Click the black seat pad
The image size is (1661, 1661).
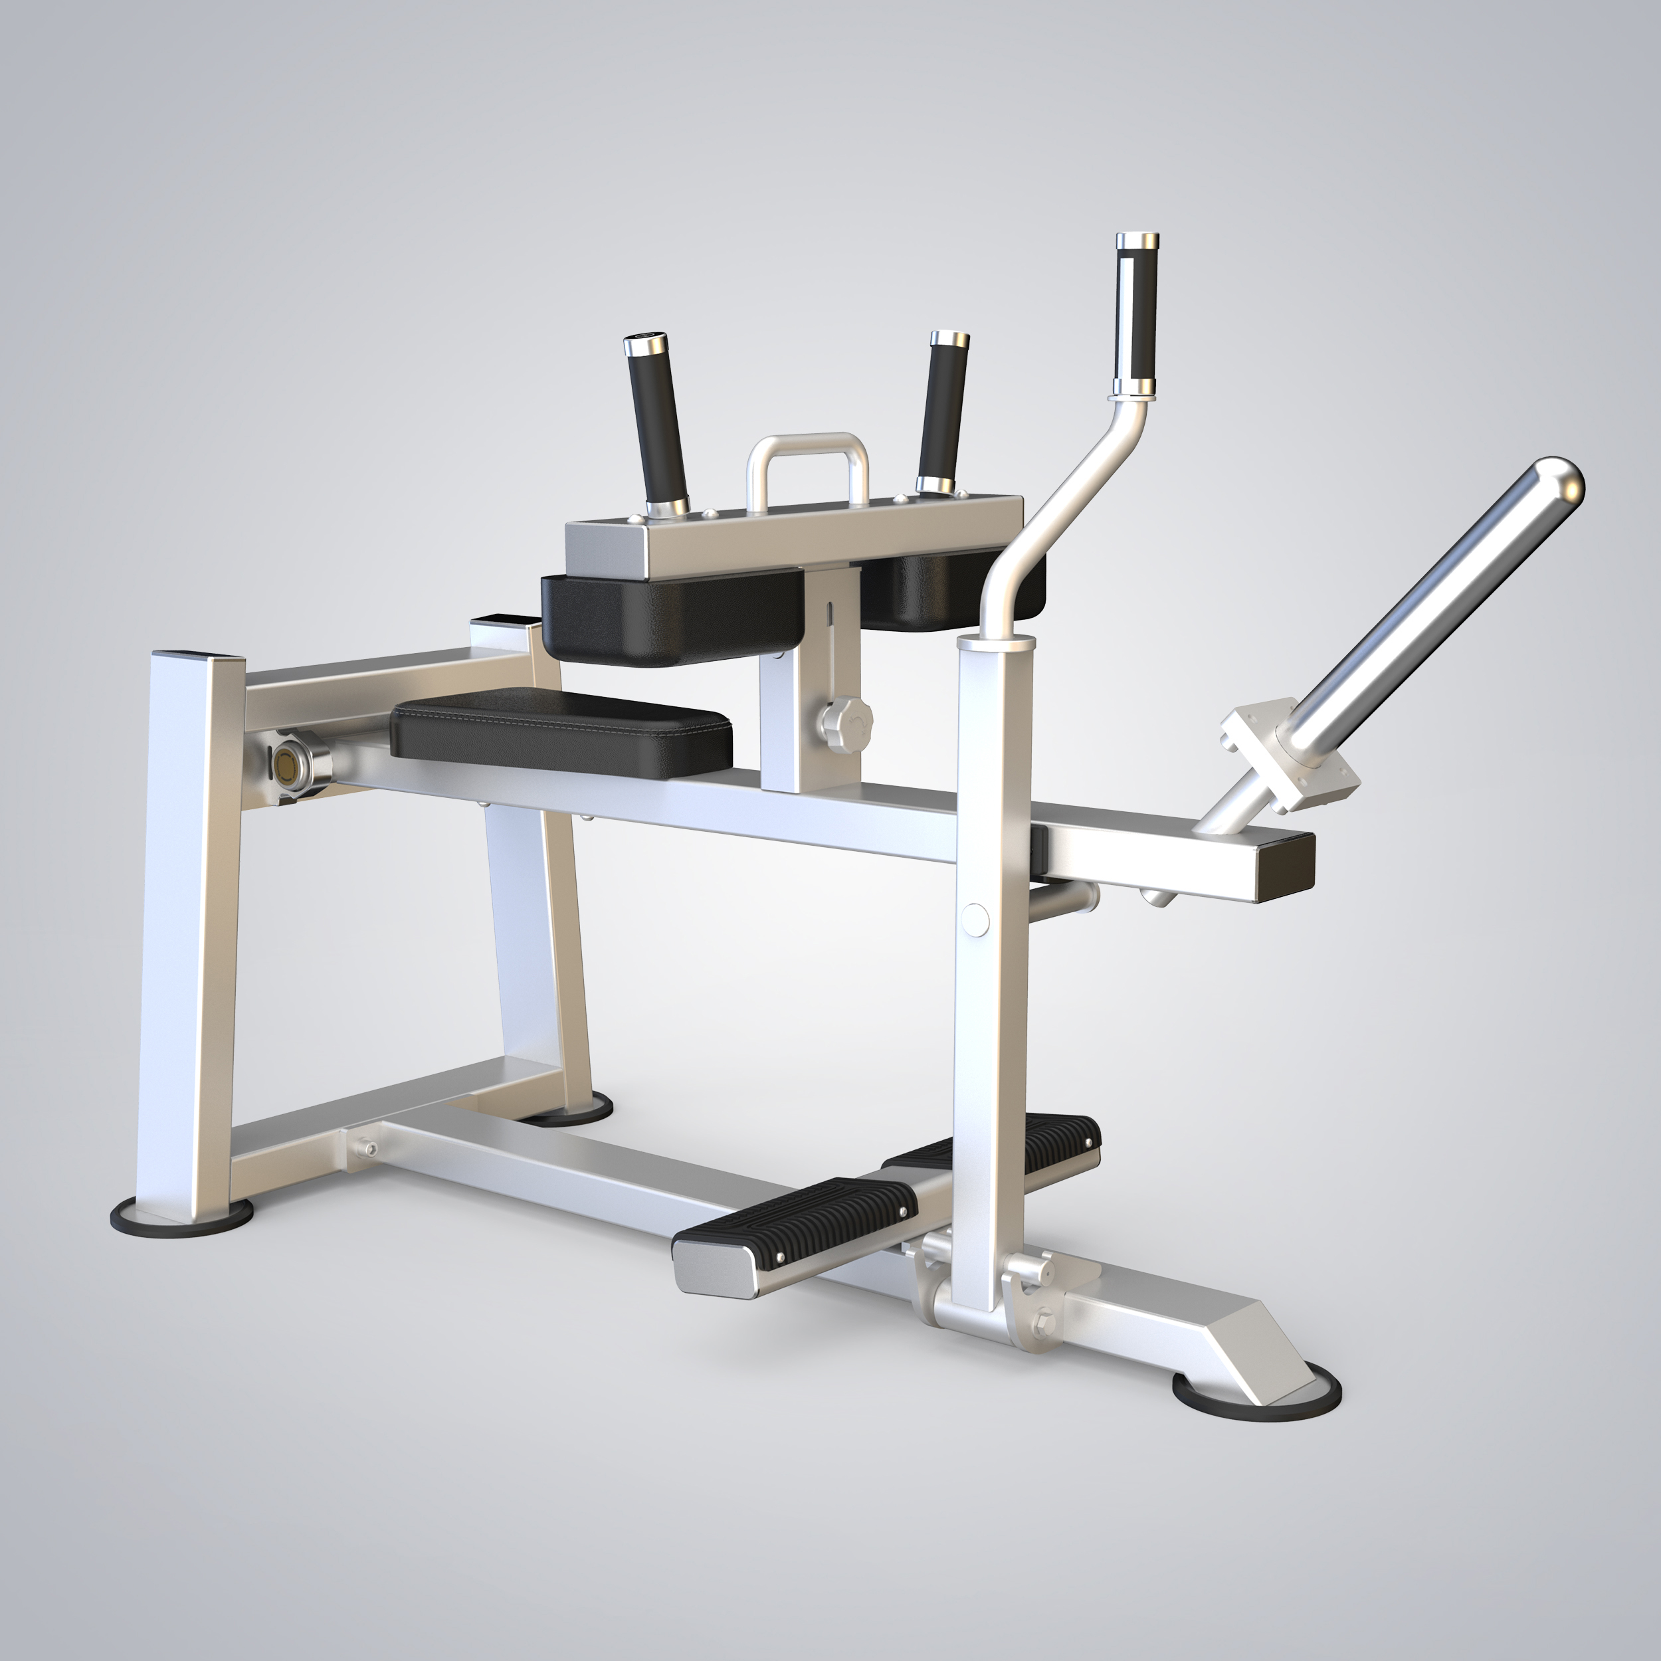561,735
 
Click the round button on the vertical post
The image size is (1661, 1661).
976,918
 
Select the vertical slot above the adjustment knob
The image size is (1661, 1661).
830,623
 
